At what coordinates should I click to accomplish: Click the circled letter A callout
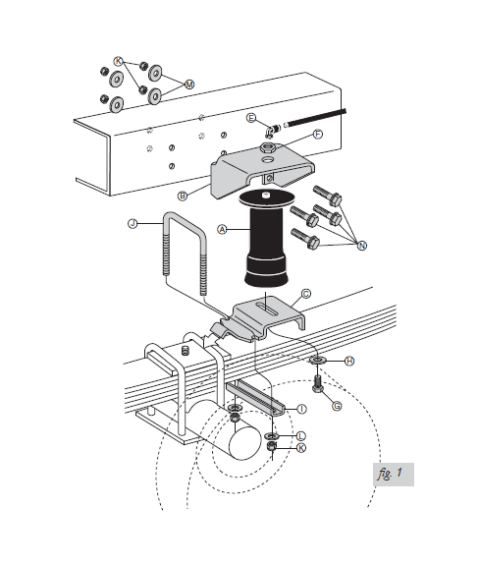click(223, 229)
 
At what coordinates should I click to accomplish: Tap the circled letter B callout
click(183, 197)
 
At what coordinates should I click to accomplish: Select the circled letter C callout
click(306, 294)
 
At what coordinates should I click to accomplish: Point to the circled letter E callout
click(251, 118)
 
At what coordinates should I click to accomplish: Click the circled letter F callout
click(318, 135)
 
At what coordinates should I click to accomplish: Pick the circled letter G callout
click(337, 406)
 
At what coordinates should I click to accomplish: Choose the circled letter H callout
click(349, 361)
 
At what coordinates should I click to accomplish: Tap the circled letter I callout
click(302, 409)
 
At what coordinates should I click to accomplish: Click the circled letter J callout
click(133, 223)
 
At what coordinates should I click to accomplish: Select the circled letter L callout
click(300, 436)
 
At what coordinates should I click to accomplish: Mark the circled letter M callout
click(189, 85)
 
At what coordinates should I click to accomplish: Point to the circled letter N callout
click(362, 246)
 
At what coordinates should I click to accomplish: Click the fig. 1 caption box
click(394, 475)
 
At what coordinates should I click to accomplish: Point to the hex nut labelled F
click(267, 147)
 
